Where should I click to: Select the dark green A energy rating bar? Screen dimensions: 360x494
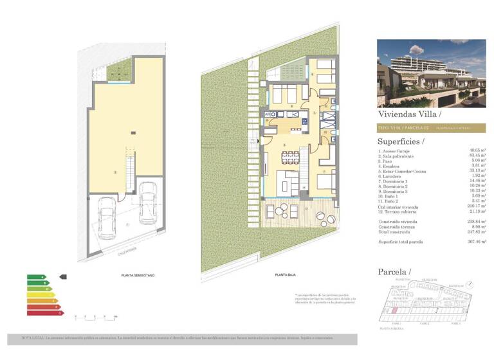37,276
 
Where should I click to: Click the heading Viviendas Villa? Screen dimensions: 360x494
410,114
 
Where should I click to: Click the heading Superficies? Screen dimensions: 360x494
401,141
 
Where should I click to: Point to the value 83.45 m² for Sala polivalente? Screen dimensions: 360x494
477,156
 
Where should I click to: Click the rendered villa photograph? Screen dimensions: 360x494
431,73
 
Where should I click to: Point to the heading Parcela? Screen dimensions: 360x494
394,272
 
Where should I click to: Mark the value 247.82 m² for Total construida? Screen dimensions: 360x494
476,230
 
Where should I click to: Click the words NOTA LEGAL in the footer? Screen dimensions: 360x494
32,337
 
